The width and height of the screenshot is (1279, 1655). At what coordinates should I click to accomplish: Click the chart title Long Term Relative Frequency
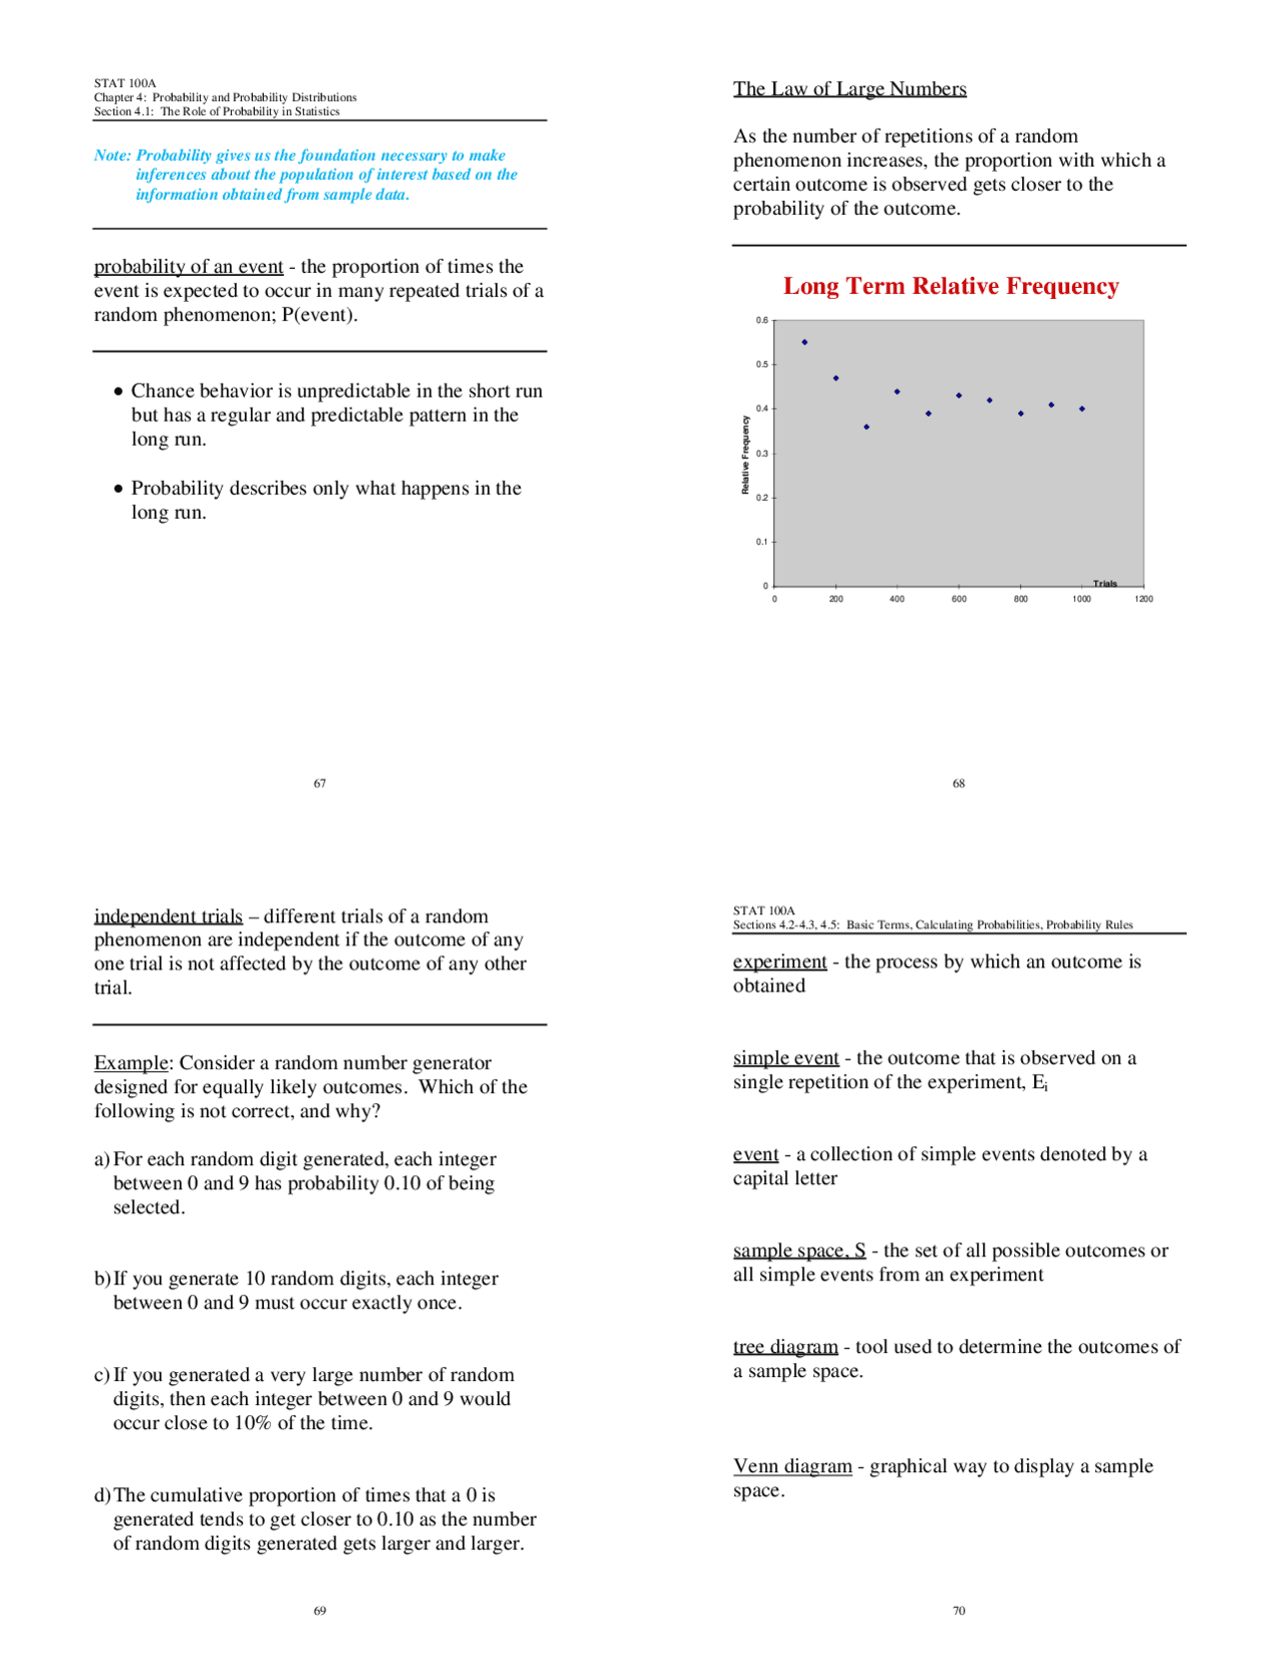click(x=950, y=286)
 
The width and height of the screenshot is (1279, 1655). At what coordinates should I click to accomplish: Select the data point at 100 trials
click(x=804, y=342)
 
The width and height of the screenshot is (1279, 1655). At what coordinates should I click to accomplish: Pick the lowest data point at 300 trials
click(x=866, y=427)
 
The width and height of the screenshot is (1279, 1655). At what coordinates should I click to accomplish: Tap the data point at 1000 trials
click(x=1082, y=409)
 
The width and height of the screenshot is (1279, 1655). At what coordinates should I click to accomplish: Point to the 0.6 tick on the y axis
click(x=762, y=321)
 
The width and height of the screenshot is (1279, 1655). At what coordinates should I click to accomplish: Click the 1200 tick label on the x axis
click(x=1143, y=600)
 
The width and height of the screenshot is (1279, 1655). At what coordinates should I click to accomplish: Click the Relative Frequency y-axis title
click(x=745, y=455)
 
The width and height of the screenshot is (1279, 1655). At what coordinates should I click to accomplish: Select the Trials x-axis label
click(x=1104, y=584)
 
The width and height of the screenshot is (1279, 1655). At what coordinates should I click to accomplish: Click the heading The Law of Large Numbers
click(x=849, y=89)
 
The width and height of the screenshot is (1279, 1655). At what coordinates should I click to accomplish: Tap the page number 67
click(x=320, y=784)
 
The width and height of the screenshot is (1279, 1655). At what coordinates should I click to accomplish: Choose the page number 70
click(x=958, y=1611)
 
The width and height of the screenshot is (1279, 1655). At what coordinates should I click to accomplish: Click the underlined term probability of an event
click(x=188, y=267)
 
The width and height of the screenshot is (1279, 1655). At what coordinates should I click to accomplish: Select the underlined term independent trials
click(x=168, y=916)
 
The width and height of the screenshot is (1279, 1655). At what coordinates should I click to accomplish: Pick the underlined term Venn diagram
click(x=792, y=1466)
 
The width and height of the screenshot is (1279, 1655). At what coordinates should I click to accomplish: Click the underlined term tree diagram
click(x=785, y=1347)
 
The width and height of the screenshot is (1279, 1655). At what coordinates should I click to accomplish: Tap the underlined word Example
click(x=131, y=1063)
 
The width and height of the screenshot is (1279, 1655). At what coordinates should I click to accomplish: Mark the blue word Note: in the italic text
click(x=112, y=156)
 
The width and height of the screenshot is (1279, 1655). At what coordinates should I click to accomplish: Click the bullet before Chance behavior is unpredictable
click(x=119, y=392)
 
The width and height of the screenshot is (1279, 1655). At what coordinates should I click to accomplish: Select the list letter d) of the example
click(x=102, y=1496)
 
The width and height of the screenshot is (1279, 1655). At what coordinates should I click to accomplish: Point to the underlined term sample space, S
click(x=799, y=1251)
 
